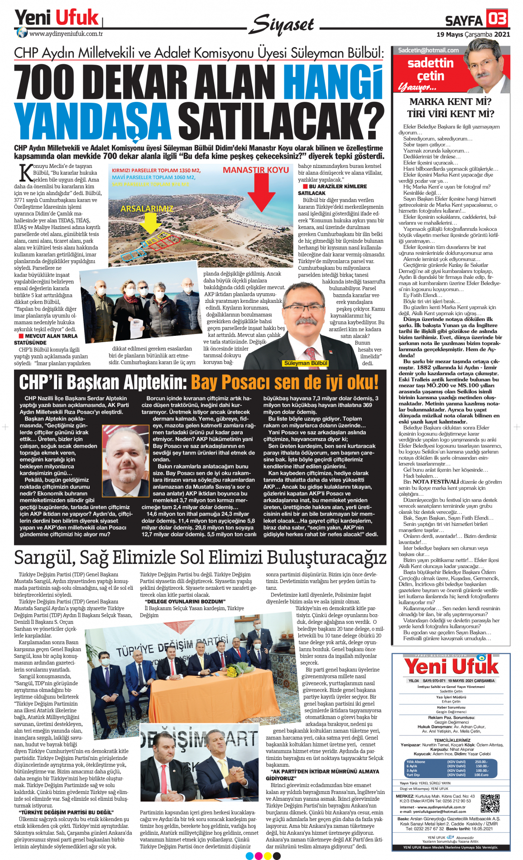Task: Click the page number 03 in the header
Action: [497, 19]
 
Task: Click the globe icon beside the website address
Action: [22, 33]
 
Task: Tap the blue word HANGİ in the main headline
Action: [333, 81]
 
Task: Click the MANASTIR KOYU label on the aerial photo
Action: [256, 170]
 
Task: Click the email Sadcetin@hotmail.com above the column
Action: [428, 50]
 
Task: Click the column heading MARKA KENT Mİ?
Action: [450, 102]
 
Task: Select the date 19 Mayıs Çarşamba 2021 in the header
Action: [473, 34]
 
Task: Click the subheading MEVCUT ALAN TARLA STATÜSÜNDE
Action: [46, 339]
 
